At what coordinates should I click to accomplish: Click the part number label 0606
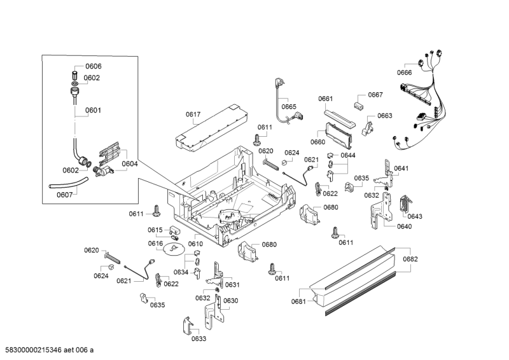93,67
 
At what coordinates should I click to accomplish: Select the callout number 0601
93,110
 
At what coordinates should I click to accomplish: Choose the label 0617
193,114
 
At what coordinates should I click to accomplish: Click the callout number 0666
405,73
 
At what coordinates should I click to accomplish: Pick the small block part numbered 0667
360,101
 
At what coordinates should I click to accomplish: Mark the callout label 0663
385,116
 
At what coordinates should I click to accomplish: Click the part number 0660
318,142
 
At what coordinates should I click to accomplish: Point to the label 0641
401,169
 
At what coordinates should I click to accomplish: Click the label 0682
410,259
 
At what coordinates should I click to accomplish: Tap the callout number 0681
299,301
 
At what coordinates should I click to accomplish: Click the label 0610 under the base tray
195,244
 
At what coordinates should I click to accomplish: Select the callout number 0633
199,339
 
